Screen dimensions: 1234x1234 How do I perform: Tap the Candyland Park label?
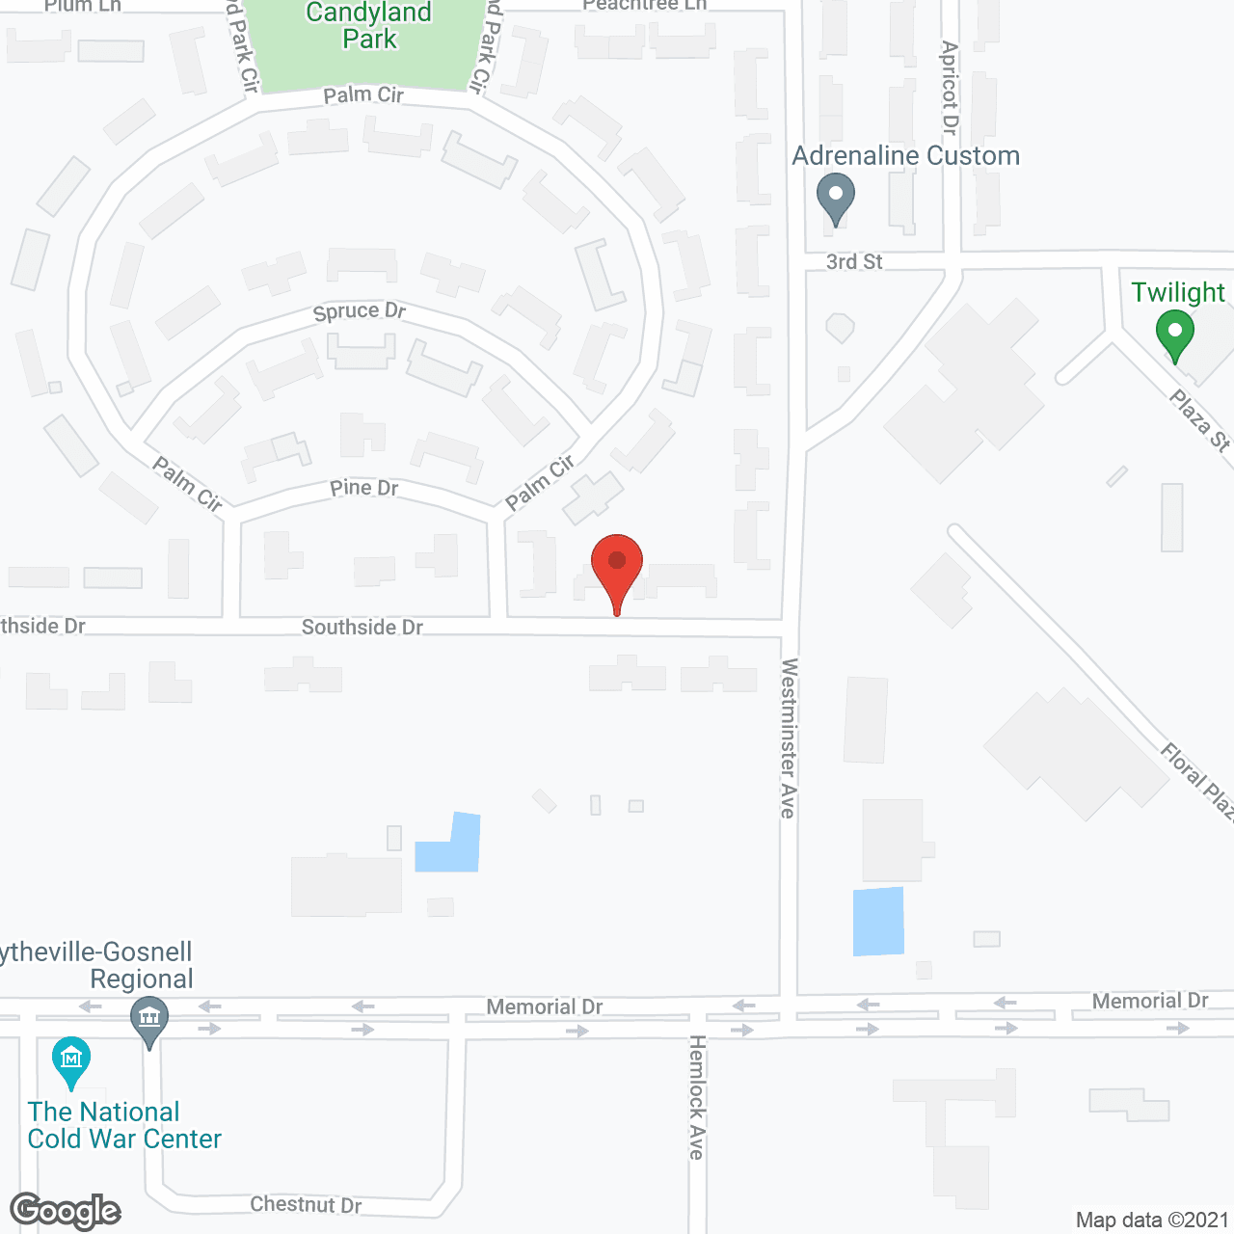(369, 26)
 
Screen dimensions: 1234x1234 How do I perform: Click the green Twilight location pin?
(1174, 334)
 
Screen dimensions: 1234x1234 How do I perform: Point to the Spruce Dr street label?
(360, 311)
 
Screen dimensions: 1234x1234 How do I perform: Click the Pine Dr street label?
(363, 489)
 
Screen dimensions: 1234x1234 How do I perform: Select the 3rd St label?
(854, 262)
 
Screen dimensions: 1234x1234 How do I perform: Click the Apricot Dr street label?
(950, 87)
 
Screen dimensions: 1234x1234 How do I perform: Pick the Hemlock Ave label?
(697, 1097)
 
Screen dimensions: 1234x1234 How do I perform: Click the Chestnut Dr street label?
(306, 1205)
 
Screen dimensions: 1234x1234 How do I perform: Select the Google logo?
(65, 1211)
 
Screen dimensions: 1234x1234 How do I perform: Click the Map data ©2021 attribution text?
(1152, 1221)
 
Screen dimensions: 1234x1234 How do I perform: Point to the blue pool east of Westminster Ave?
(878, 922)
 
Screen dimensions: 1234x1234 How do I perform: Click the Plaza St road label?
(1200, 419)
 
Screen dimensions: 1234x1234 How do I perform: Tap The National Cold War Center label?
(123, 1125)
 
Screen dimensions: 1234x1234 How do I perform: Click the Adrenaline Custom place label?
(905, 156)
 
